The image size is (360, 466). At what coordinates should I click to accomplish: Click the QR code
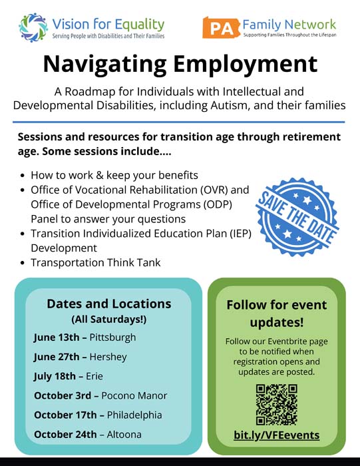(276, 405)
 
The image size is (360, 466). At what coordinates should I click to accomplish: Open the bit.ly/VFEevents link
(276, 435)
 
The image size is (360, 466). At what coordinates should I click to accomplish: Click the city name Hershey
(108, 356)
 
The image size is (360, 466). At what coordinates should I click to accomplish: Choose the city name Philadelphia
(133, 415)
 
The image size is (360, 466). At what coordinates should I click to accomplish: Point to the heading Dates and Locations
(108, 304)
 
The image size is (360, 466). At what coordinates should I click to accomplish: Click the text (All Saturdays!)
(108, 319)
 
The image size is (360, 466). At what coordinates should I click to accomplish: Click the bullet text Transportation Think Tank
(96, 262)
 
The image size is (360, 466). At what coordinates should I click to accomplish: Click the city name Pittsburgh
(112, 338)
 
